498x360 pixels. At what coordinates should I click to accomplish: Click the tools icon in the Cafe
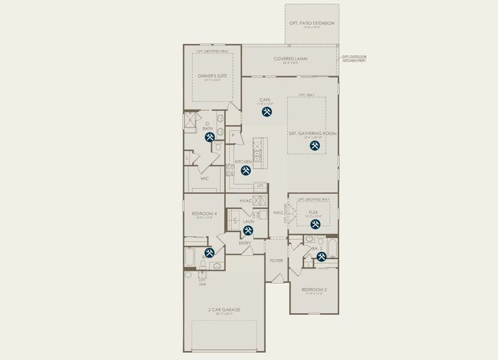[267, 110]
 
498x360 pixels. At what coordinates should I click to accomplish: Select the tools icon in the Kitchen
[246, 170]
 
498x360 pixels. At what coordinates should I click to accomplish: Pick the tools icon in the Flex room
[315, 224]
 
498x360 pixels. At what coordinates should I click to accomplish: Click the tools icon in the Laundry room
[247, 231]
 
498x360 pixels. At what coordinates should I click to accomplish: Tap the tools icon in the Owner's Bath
[210, 137]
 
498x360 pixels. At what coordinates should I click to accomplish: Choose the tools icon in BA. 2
[321, 257]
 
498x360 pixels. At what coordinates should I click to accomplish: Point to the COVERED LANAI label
[290, 59]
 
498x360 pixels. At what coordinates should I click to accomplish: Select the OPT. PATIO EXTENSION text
[311, 23]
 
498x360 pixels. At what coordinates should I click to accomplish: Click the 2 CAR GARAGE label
[224, 310]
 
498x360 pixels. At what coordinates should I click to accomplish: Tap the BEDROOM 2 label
[314, 290]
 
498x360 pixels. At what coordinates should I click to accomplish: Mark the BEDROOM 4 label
[204, 214]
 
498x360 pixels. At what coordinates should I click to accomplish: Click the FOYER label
[276, 260]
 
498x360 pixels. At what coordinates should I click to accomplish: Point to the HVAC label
[245, 201]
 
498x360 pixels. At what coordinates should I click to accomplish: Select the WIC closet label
[204, 178]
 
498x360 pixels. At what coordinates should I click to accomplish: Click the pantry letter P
[232, 136]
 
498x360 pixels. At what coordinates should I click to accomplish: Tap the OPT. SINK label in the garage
[202, 281]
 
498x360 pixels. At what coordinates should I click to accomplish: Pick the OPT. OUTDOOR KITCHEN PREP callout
[354, 59]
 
